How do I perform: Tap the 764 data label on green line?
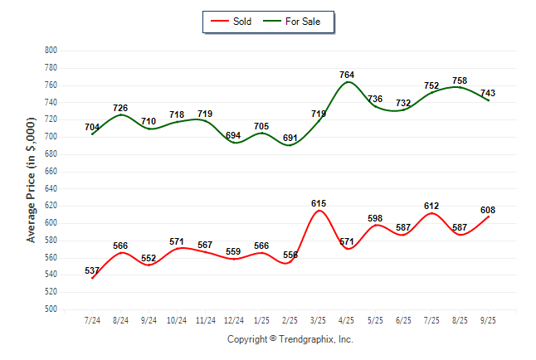347,75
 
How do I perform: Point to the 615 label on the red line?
319,203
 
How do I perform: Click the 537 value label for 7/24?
92,270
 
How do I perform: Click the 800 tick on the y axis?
51,51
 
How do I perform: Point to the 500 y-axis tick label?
51,309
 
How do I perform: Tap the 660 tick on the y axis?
51,172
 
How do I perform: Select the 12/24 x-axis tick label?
234,320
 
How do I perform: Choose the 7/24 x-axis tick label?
93,320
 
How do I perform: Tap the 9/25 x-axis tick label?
488,320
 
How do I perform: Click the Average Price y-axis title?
32,180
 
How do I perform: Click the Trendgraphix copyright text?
290,339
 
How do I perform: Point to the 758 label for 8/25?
460,80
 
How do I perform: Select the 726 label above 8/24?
121,108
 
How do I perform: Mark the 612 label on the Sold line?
431,206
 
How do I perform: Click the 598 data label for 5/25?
375,218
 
